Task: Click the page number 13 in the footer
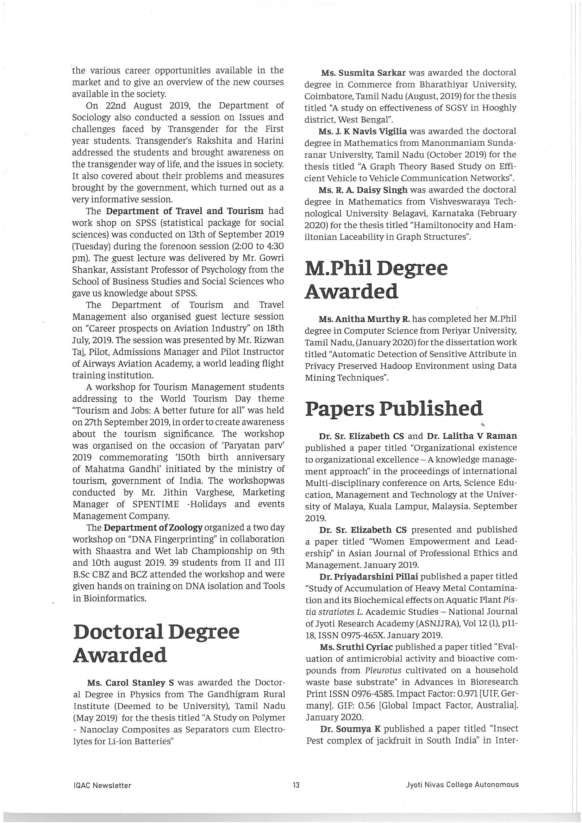click(x=296, y=784)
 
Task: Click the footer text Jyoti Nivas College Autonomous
click(x=462, y=784)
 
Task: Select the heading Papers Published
click(x=393, y=409)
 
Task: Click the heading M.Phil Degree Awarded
click(x=376, y=280)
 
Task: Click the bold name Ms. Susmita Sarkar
click(x=363, y=73)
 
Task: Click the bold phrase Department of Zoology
click(x=154, y=528)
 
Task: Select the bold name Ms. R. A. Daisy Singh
click(x=363, y=190)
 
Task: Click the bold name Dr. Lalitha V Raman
click(x=471, y=436)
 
